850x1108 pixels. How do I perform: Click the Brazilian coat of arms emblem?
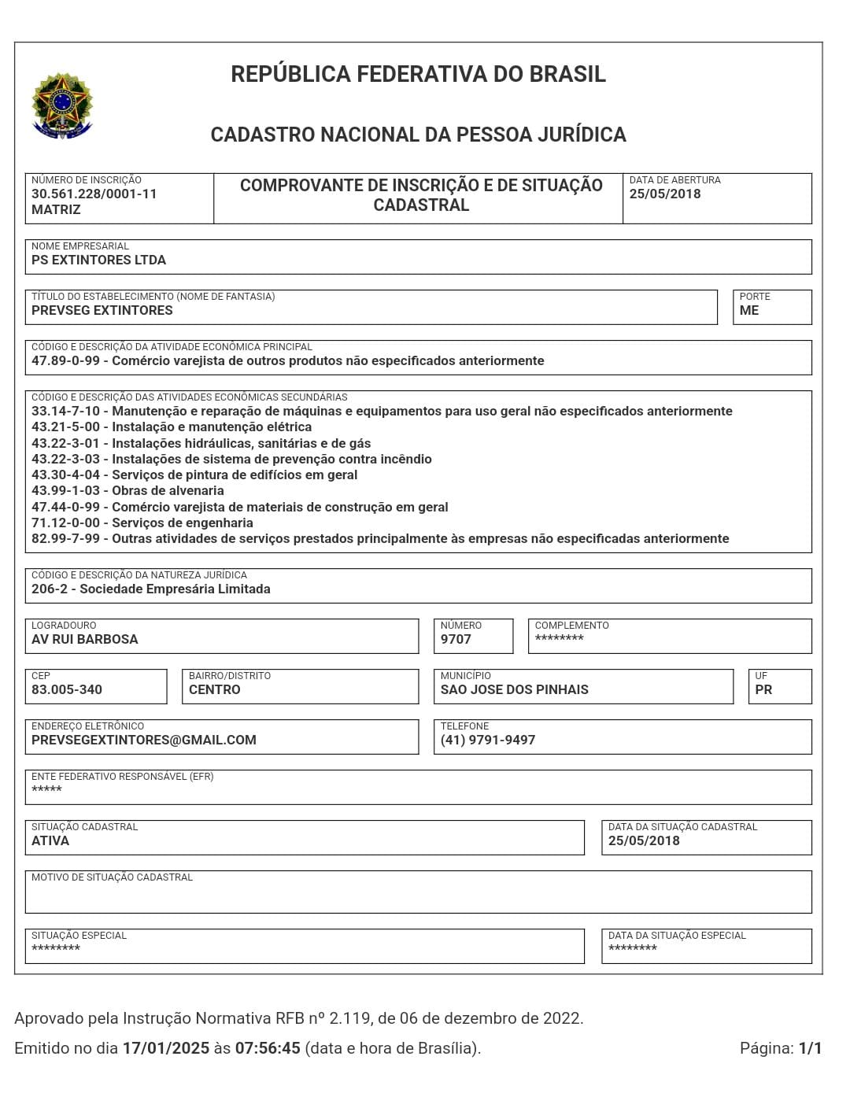[62, 106]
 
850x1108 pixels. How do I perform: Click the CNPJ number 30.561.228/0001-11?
[94, 194]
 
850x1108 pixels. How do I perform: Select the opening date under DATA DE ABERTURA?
[664, 194]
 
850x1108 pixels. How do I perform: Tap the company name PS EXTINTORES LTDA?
[98, 260]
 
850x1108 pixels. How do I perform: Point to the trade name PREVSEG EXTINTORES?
[102, 311]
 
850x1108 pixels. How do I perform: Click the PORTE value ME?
[748, 311]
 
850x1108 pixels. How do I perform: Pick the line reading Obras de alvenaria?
[168, 491]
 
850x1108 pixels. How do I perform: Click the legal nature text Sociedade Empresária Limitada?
[175, 589]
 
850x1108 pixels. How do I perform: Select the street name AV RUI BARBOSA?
[85, 640]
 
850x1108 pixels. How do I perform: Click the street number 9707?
[456, 640]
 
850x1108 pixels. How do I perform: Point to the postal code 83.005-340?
[67, 690]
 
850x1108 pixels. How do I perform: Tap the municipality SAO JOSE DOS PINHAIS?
[514, 690]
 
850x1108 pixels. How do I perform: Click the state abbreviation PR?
[763, 690]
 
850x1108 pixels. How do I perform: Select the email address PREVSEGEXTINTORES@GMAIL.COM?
[144, 741]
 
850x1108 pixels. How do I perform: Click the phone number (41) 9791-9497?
[488, 741]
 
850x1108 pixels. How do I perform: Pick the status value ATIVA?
[50, 841]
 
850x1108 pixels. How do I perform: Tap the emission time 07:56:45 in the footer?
[268, 1048]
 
